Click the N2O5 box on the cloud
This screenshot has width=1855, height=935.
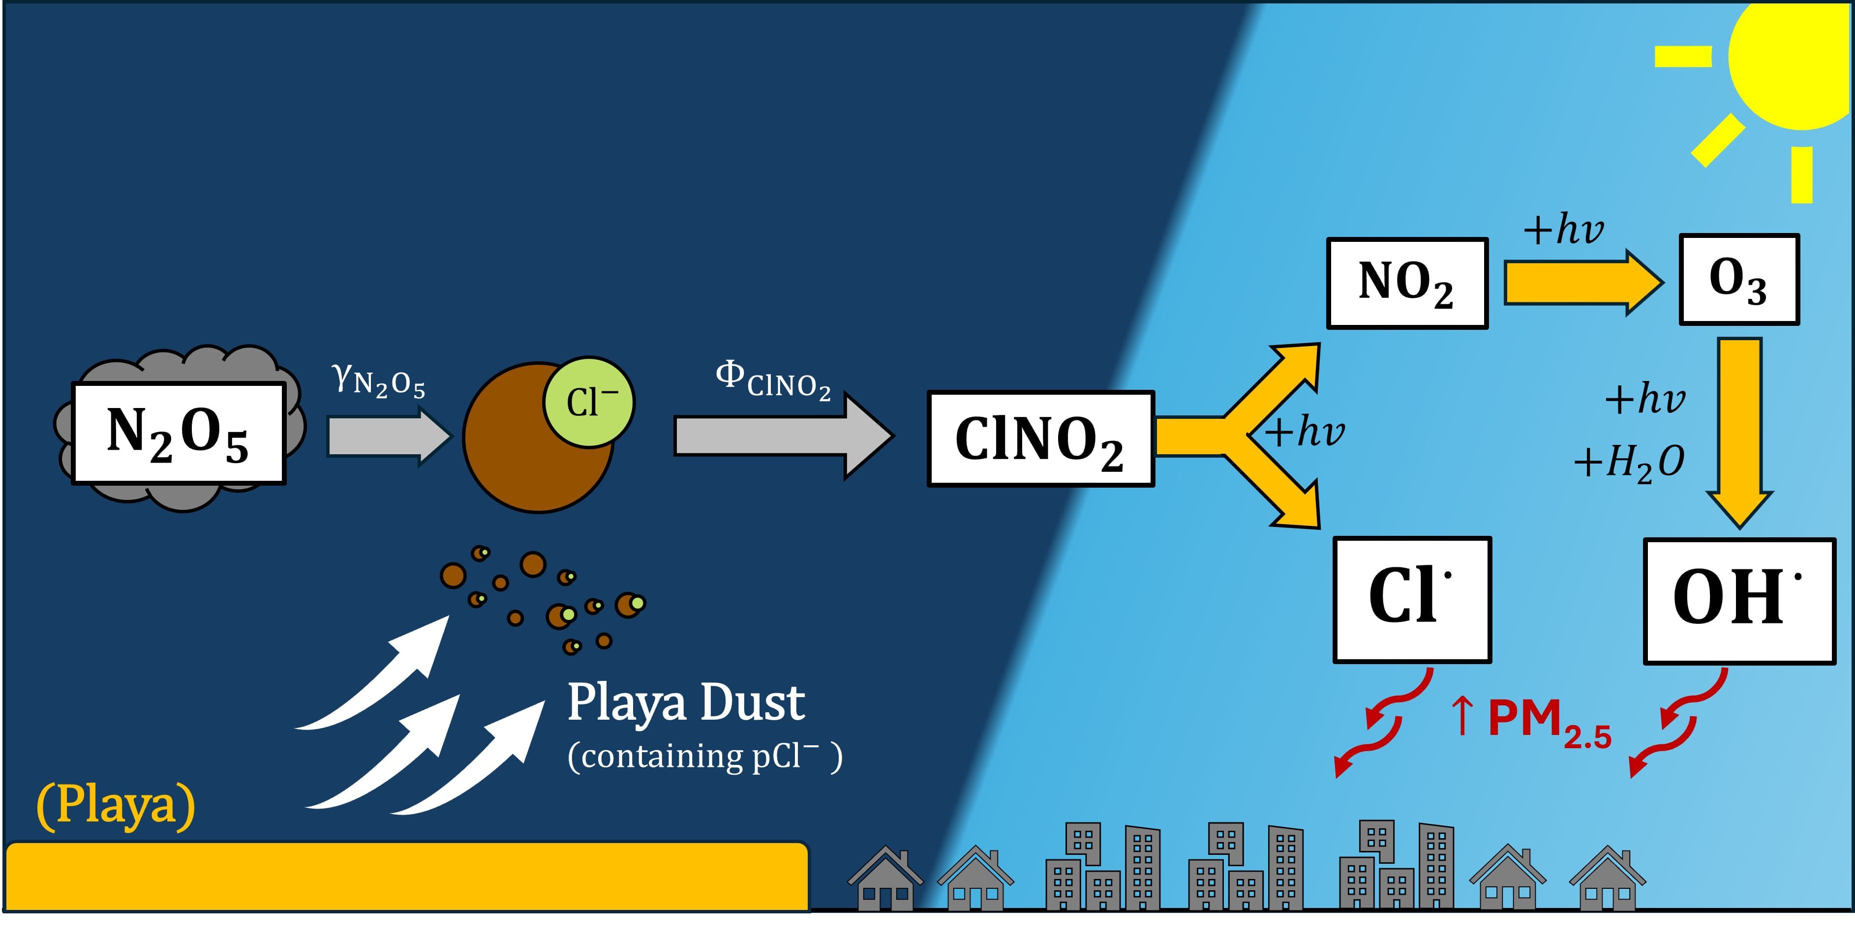coord(179,433)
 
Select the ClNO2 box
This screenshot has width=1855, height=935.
coord(1040,439)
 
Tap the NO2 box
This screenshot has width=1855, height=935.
coord(1406,283)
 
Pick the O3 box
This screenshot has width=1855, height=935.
coord(1738,279)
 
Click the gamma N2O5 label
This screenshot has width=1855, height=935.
coord(379,380)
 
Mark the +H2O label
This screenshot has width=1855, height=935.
coord(1629,462)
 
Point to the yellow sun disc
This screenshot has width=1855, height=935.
coord(1796,61)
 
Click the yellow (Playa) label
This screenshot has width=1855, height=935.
coord(115,805)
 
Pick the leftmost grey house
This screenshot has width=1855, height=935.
coord(885,879)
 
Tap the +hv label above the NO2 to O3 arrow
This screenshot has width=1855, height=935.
coord(1563,229)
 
